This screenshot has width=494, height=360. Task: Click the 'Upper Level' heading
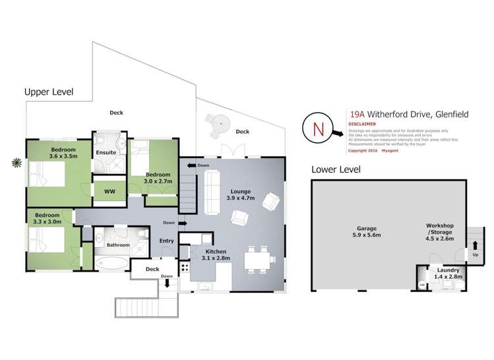tap(49, 92)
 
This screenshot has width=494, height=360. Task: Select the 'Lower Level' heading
tap(336, 169)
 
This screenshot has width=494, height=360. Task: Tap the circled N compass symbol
tap(317, 128)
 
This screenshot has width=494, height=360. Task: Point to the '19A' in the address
tap(358, 114)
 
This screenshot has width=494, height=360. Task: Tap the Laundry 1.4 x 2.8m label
tap(448, 272)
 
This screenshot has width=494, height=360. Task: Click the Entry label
tap(167, 241)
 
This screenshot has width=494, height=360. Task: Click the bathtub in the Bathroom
tap(110, 265)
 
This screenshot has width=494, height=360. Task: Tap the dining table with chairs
tap(257, 260)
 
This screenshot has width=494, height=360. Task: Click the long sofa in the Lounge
tap(212, 191)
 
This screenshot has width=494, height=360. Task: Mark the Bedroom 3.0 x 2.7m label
tap(158, 177)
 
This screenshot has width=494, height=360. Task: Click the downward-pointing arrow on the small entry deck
tap(167, 283)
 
